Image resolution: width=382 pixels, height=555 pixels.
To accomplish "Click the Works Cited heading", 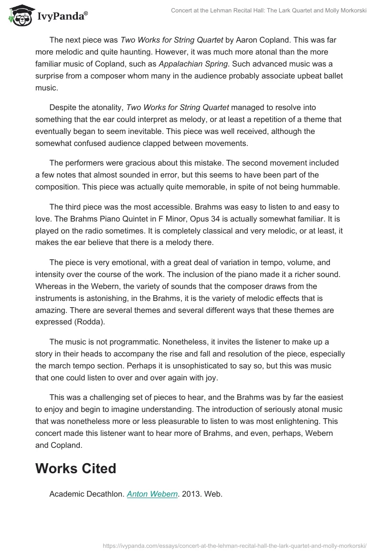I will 75,468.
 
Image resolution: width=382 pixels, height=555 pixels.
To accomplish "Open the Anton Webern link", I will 152,494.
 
